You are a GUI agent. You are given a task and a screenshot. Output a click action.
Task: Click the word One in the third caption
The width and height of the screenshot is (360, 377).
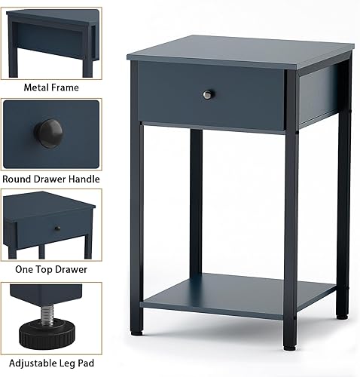(25, 269)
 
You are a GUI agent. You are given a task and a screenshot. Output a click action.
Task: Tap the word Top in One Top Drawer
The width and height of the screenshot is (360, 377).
(45, 269)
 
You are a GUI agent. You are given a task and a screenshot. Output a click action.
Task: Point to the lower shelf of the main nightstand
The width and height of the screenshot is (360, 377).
(241, 294)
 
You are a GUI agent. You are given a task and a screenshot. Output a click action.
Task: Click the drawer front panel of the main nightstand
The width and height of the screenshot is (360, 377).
(211, 94)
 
